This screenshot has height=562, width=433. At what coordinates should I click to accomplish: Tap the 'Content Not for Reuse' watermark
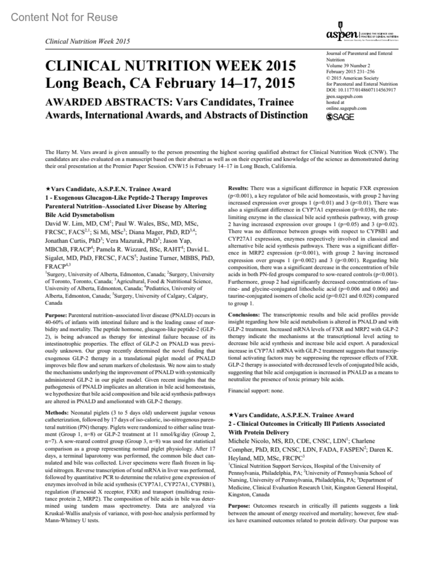pyautogui.click(x=64, y=17)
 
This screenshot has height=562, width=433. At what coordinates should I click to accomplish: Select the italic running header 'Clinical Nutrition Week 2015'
pyautogui.click(x=87, y=41)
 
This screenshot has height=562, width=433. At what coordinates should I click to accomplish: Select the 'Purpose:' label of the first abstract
pyautogui.click(x=56, y=315)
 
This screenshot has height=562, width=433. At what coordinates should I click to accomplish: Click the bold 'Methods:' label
pyautogui.click(x=56, y=412)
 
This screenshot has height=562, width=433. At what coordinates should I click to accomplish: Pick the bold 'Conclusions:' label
pyautogui.click(x=244, y=315)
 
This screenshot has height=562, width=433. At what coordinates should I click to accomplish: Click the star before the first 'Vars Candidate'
pyautogui.click(x=48, y=189)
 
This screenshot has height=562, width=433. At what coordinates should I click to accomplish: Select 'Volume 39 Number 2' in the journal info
pyautogui.click(x=348, y=66)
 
